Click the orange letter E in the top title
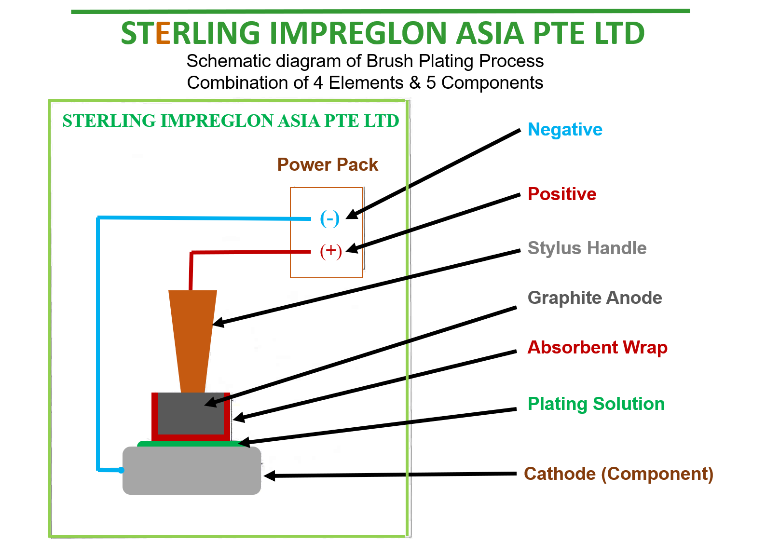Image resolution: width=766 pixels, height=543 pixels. tap(163, 33)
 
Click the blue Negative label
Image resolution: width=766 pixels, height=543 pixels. tap(565, 129)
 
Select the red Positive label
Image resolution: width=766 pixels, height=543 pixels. tap(562, 194)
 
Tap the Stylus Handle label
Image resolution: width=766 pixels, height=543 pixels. tap(587, 248)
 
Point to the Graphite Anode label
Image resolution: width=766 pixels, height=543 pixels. tap(595, 298)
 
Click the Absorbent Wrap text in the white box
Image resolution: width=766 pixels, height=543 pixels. tap(597, 347)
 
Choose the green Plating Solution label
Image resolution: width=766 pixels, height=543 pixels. tap(596, 404)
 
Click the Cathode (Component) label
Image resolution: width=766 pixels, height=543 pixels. tap(618, 474)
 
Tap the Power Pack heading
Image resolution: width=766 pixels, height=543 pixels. tap(328, 164)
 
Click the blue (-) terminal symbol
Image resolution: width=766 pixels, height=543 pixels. tap(330, 219)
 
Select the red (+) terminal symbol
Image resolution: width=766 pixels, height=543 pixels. tap(331, 251)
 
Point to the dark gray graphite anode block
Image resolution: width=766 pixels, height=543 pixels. tap(191, 413)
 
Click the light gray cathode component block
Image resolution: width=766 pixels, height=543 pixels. tap(191, 471)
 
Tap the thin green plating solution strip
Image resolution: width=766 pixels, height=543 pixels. tap(188, 444)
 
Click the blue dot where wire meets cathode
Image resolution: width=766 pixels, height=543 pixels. tap(121, 470)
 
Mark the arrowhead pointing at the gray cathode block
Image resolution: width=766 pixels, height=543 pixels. tap(268, 476)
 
